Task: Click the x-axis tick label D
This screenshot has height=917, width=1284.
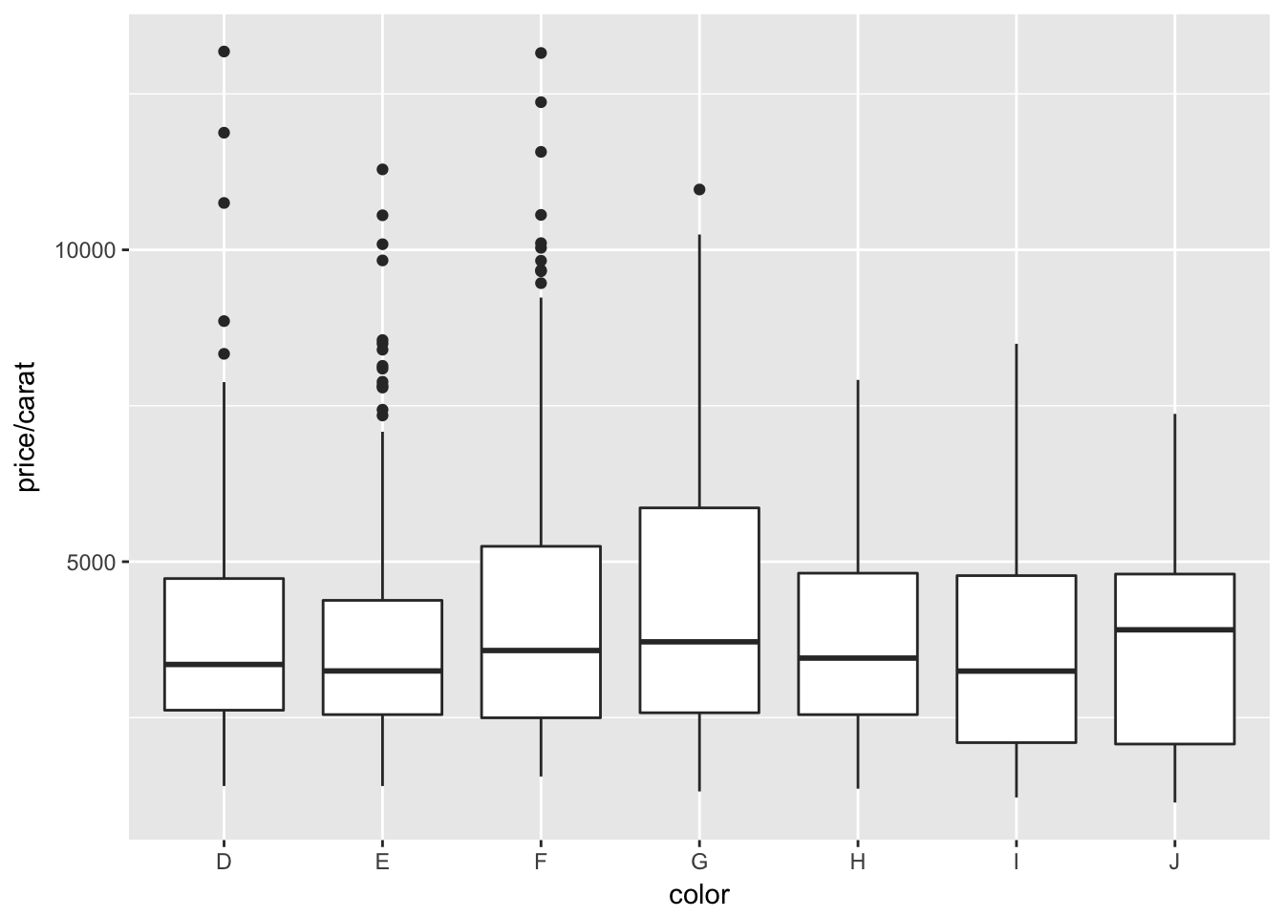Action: [224, 862]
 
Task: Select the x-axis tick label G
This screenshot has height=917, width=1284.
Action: [699, 862]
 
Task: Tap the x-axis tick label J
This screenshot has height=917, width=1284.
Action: [1174, 862]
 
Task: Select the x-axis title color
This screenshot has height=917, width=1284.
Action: [699, 895]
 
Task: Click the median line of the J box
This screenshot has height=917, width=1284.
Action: [1174, 629]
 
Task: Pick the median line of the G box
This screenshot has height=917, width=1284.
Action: [699, 641]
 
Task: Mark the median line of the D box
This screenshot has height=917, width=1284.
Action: [224, 664]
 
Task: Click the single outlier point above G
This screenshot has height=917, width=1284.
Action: [699, 189]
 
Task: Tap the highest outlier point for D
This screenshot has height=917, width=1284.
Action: [224, 52]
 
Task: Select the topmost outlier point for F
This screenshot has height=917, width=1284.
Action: [541, 53]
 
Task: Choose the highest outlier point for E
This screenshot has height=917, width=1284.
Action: [382, 169]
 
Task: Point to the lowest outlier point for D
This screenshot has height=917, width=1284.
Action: [224, 353]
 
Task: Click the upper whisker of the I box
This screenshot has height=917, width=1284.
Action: [1016, 458]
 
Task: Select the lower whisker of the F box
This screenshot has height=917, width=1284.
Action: [541, 747]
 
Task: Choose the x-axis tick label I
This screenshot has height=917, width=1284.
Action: [1016, 862]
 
